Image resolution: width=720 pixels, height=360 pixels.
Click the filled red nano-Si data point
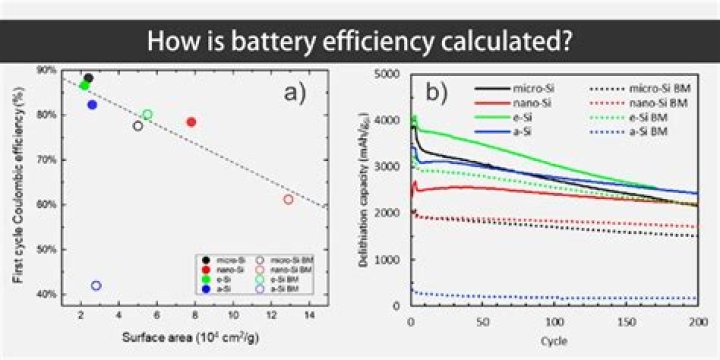tap(191, 122)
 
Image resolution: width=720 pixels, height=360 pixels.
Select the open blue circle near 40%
tap(96, 285)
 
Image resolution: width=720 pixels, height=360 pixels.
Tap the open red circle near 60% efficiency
tap(288, 199)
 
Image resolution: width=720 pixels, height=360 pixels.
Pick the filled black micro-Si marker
tap(88, 78)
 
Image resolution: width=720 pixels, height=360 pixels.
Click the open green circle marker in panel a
tap(147, 115)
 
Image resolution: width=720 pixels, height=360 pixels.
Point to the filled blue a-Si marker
tap(92, 104)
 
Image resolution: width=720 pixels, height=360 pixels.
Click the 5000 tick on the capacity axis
tap(392, 74)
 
